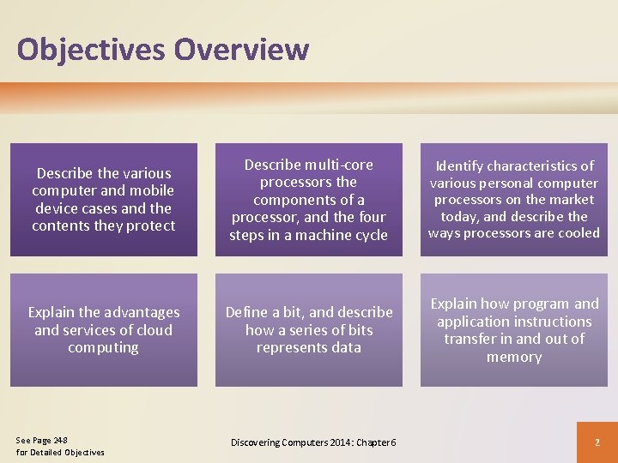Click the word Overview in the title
point(240,49)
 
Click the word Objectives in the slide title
point(91,49)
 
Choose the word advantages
point(142,312)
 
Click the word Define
point(246,312)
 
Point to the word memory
point(513,357)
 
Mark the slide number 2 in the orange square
point(597,442)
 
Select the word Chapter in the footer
point(367,442)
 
